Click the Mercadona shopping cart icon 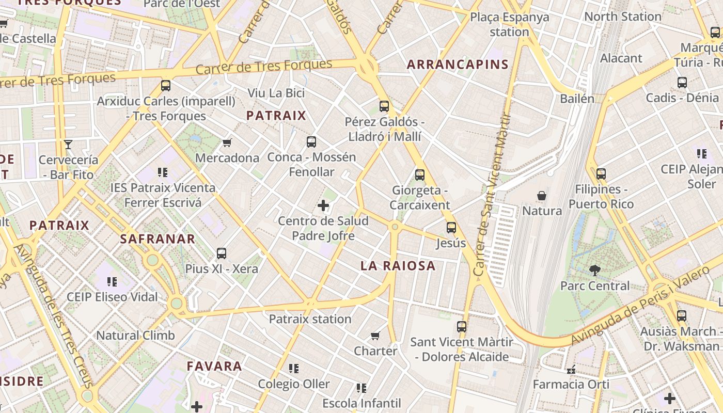[x=227, y=142]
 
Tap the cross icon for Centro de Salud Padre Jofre [x=323, y=206]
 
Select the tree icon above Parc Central [x=594, y=270]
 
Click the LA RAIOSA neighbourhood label [x=398, y=266]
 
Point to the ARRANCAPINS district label [x=458, y=65]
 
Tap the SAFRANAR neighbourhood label [x=158, y=239]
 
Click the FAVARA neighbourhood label [x=214, y=367]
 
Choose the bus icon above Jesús [x=451, y=228]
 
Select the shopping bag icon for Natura [x=542, y=196]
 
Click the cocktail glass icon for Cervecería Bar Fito [x=68, y=145]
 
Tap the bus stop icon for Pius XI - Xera [x=222, y=253]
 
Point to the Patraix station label [x=310, y=319]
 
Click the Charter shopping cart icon [x=375, y=336]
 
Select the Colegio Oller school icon [x=294, y=369]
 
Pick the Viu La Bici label [x=276, y=93]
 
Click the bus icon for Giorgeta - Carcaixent [x=419, y=175]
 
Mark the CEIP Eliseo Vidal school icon [x=112, y=282]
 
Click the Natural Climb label [x=136, y=336]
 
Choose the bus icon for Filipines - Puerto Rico [x=601, y=174]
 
